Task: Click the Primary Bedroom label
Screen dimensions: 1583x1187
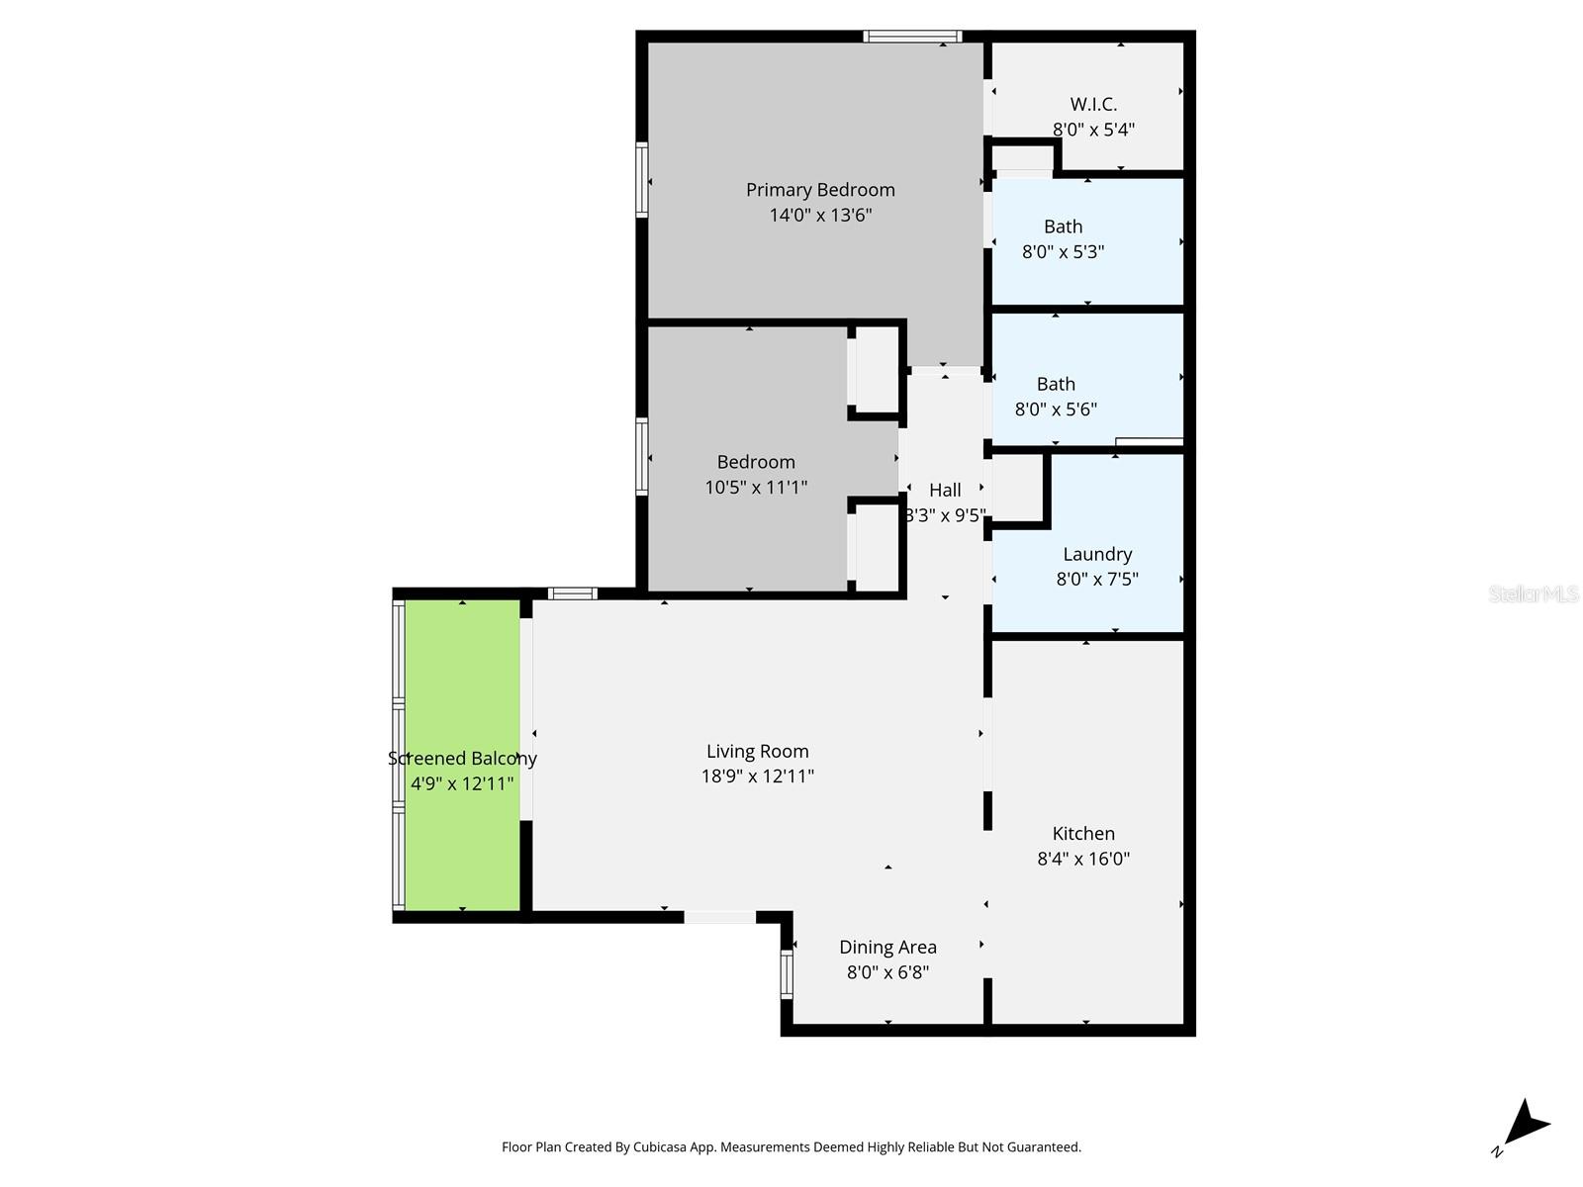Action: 820,190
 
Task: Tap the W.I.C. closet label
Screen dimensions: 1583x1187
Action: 1093,105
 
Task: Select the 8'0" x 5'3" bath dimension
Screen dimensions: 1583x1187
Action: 1063,251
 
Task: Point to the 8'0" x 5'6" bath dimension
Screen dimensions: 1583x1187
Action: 1056,410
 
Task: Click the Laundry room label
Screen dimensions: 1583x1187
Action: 1097,554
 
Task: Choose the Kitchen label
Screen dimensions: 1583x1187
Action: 1083,833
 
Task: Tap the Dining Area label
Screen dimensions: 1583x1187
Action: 887,947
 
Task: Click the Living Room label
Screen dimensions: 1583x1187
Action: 757,752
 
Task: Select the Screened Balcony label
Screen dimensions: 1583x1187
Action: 462,758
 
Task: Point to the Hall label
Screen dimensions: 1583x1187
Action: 945,490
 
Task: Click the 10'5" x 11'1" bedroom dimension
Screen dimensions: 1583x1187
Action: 756,488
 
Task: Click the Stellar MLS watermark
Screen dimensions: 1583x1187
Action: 1534,593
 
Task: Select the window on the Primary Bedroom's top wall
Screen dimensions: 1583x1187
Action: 912,36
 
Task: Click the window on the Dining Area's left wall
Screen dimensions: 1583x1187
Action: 787,973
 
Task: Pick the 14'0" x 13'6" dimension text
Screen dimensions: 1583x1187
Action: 820,215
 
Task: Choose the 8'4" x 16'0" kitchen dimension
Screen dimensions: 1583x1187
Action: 1083,859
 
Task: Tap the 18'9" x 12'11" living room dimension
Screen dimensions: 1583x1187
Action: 757,776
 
